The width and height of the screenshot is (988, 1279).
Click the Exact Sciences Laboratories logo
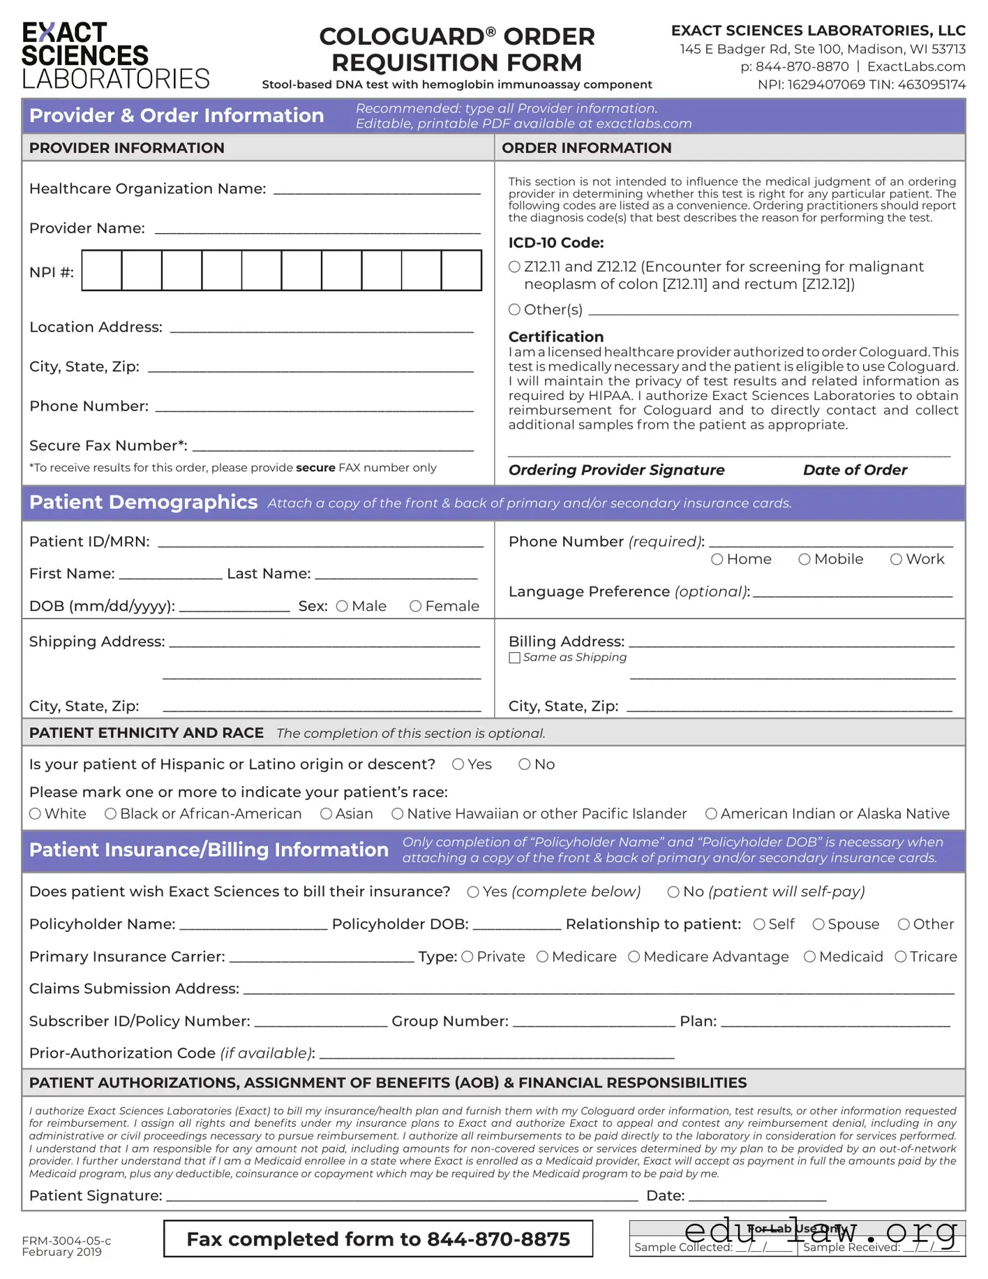pos(115,56)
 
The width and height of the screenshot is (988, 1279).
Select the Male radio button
pos(342,606)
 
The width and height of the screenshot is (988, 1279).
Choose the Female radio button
pos(415,606)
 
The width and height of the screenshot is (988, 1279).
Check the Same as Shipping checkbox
pos(514,658)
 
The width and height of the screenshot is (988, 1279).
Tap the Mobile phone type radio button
pos(804,559)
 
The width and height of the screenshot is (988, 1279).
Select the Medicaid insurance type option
pos(809,956)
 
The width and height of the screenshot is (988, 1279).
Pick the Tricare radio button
pos(901,956)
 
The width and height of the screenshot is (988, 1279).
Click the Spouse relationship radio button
pos(818,924)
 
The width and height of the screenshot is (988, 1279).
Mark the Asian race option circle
pos(326,813)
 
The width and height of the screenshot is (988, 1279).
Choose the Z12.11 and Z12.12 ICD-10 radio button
pos(514,267)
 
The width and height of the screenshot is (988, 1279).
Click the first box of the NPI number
pos(102,270)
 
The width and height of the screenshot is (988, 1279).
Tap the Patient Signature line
pos(402,1197)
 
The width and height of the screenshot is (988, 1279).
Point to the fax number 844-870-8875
pos(498,1239)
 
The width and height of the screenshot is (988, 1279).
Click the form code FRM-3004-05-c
pos(66,1241)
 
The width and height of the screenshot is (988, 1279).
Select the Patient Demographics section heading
pos(143,503)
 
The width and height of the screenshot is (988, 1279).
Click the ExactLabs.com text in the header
pos(916,67)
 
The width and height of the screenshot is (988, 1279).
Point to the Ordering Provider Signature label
pos(616,470)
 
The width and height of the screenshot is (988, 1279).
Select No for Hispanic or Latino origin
pos(524,764)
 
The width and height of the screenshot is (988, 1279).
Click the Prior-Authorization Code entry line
pos(496,1055)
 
